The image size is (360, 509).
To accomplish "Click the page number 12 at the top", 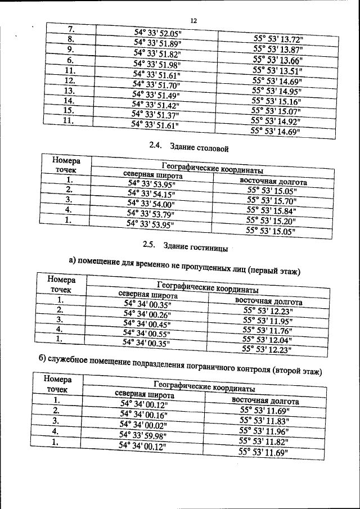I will (x=193, y=21).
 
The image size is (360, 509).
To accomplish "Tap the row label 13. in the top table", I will (x=70, y=91).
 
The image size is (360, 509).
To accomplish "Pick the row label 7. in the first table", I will (x=71, y=29).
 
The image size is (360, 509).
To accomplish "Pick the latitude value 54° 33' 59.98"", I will (x=143, y=435).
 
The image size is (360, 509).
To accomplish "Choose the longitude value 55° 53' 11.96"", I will (x=264, y=431).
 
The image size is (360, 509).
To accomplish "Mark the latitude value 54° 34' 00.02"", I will (x=144, y=425).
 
